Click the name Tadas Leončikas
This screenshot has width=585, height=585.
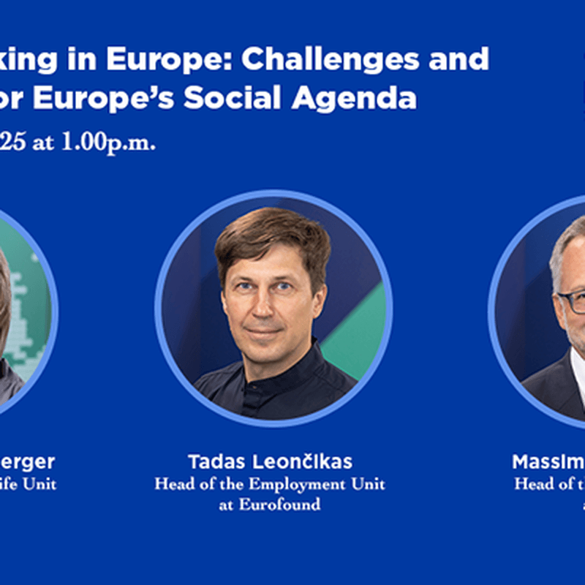pos(270,462)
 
